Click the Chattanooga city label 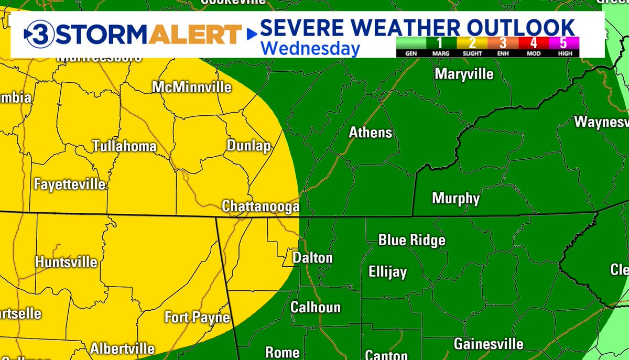coord(261,207)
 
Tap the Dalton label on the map coord(312,258)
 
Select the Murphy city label coord(456,198)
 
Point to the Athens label coord(371,133)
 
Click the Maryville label coord(464,74)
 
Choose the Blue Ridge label coord(411,240)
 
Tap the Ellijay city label coord(387,272)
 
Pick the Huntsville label coord(66,262)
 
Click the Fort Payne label coord(197,317)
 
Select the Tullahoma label coord(124,146)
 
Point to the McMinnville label coord(191,87)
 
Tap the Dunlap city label coord(248,146)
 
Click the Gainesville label coord(488,344)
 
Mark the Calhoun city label coord(316,307)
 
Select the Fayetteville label coord(69,184)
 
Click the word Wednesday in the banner coord(310,48)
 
